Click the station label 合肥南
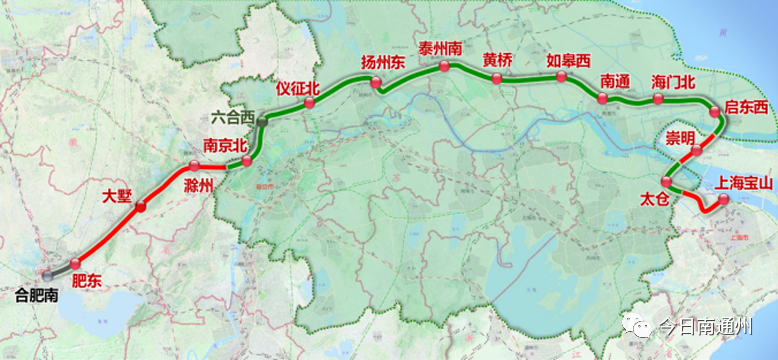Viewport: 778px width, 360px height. (x=37, y=294)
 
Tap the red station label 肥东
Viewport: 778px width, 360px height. (x=87, y=282)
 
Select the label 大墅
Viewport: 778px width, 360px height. (x=117, y=196)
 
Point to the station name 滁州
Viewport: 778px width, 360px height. (x=199, y=185)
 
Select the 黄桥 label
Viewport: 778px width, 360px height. (x=497, y=59)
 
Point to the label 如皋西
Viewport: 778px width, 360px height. (x=567, y=59)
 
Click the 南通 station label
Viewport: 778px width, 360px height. (x=614, y=80)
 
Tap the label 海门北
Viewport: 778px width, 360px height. (x=672, y=80)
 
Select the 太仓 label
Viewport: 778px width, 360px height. (x=653, y=200)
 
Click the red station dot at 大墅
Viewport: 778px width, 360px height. (x=141, y=207)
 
